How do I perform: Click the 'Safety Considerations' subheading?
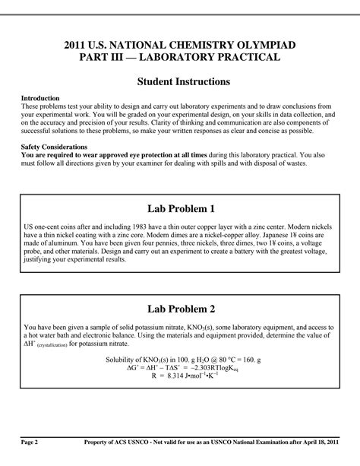tap(53, 146)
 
